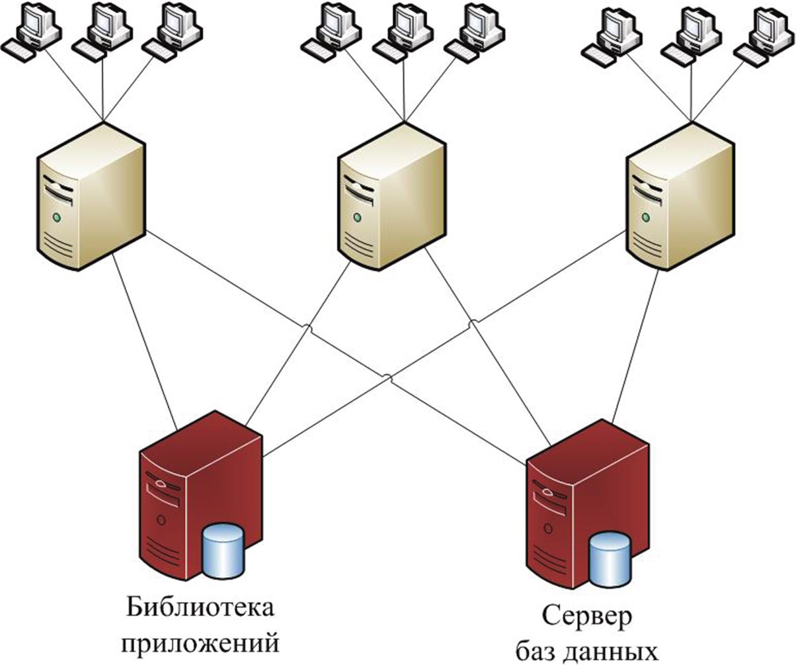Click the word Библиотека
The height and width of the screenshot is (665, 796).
tap(200, 608)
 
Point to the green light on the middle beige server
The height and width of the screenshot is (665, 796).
tap(358, 216)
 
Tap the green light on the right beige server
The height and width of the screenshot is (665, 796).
tap(646, 216)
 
